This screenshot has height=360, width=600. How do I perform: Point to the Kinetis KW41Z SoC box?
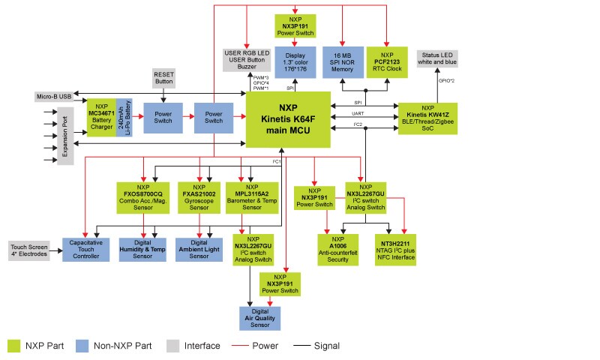pyautogui.click(x=427, y=118)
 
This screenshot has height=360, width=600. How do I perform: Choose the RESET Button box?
pyautogui.click(x=163, y=78)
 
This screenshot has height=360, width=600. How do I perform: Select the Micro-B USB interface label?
pyautogui.click(x=53, y=96)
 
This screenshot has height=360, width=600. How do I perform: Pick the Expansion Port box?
pyautogui.click(x=65, y=135)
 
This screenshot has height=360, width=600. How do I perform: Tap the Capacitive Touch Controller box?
pyautogui.click(x=86, y=247)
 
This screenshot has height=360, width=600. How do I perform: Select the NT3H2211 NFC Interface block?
pyautogui.click(x=395, y=248)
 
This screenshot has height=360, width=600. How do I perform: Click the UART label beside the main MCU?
pyautogui.click(x=358, y=112)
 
